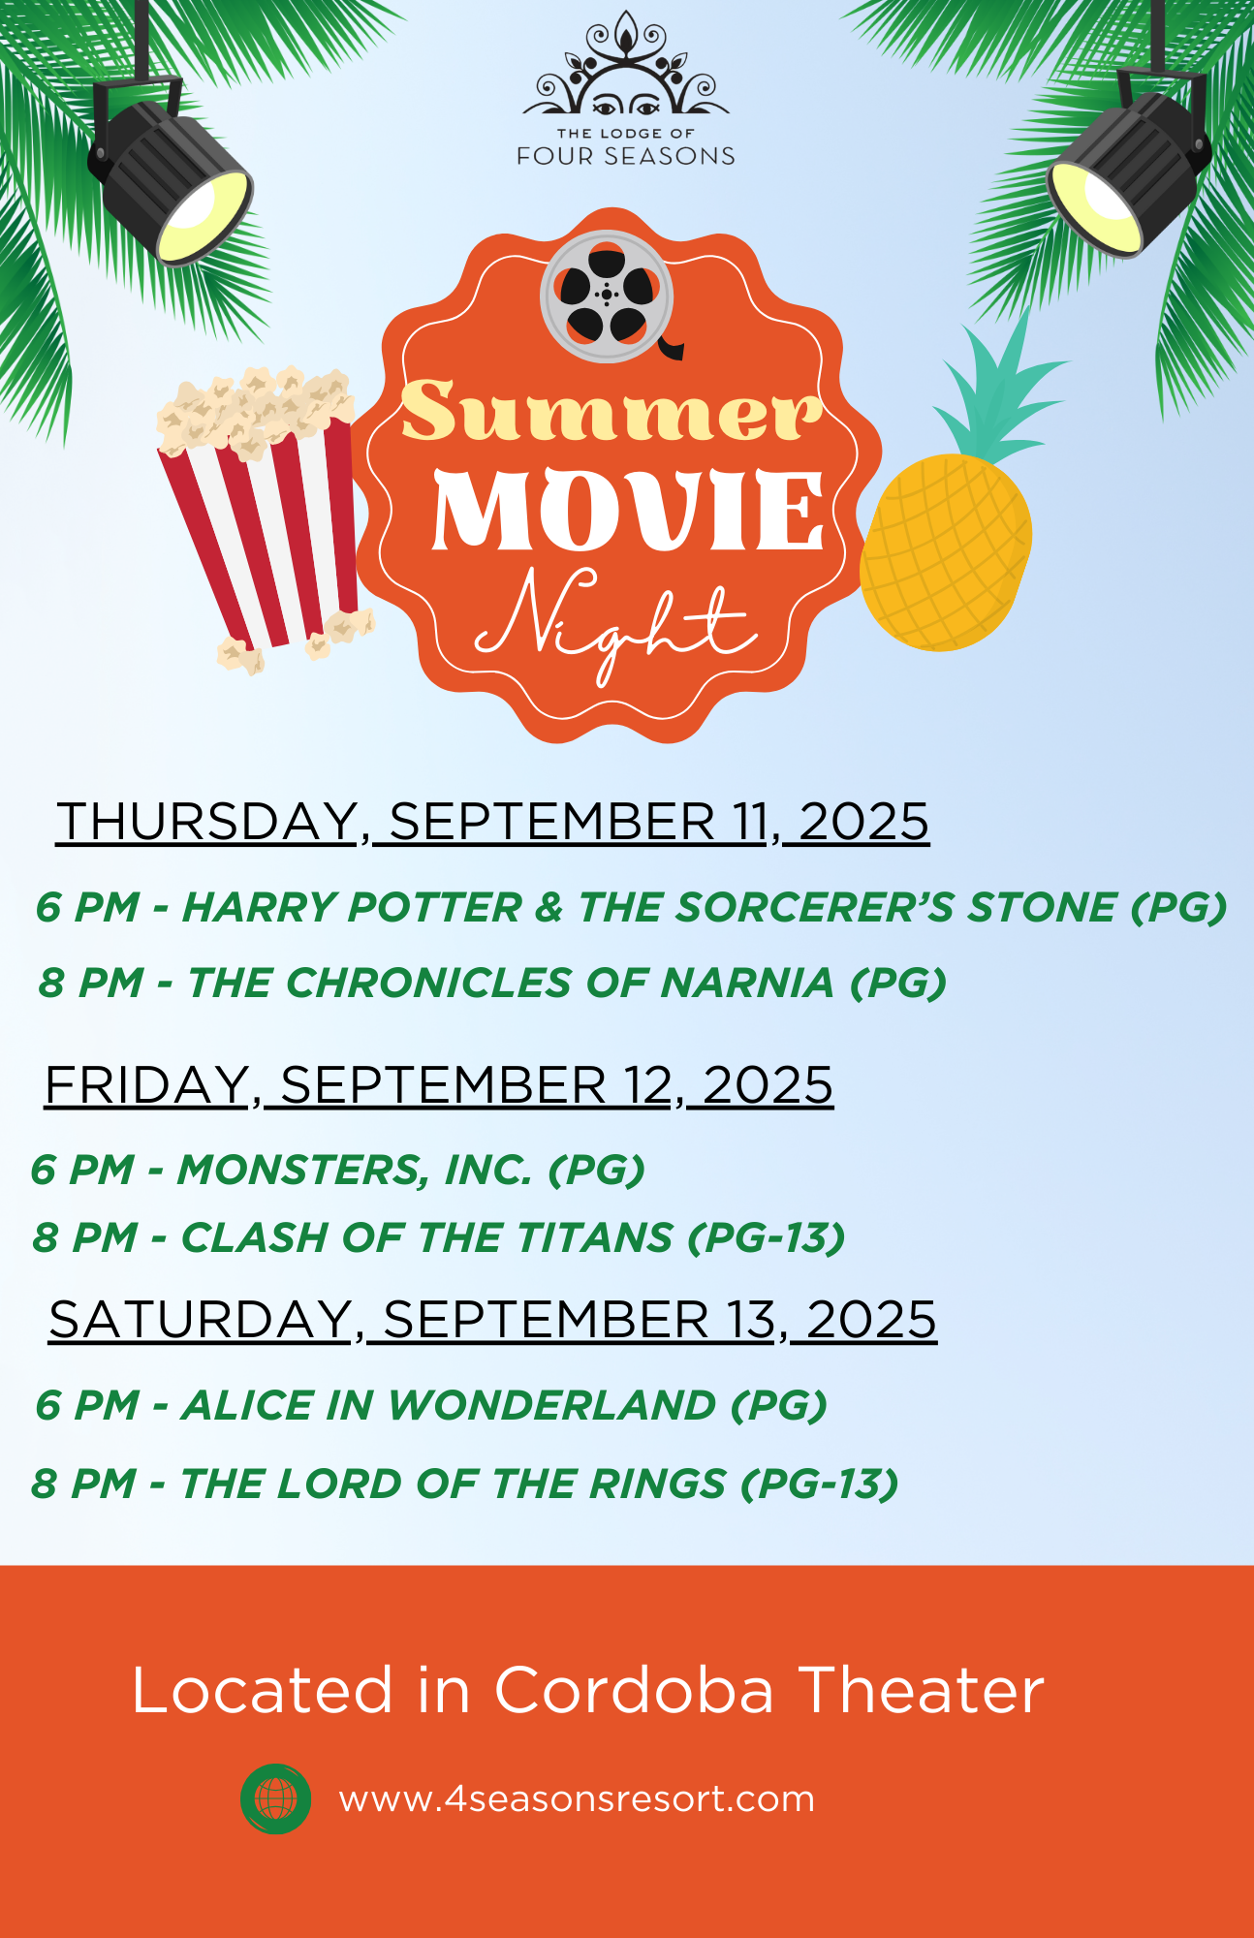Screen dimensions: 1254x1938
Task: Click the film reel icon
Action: click(x=608, y=296)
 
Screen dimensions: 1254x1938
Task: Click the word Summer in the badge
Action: click(x=611, y=411)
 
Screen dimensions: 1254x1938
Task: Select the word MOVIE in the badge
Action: click(x=628, y=510)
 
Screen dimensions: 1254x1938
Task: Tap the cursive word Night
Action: click(x=614, y=621)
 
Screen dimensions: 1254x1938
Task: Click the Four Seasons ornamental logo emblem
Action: click(x=626, y=65)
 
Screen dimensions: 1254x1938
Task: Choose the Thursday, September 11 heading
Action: click(x=492, y=822)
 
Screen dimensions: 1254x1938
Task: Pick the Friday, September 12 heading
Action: click(x=439, y=1084)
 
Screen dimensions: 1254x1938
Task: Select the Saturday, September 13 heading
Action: click(x=493, y=1320)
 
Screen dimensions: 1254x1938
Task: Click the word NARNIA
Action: click(x=747, y=983)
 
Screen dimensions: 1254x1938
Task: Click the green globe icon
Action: click(x=276, y=1798)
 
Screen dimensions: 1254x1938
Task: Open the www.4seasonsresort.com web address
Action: click(x=577, y=1799)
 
